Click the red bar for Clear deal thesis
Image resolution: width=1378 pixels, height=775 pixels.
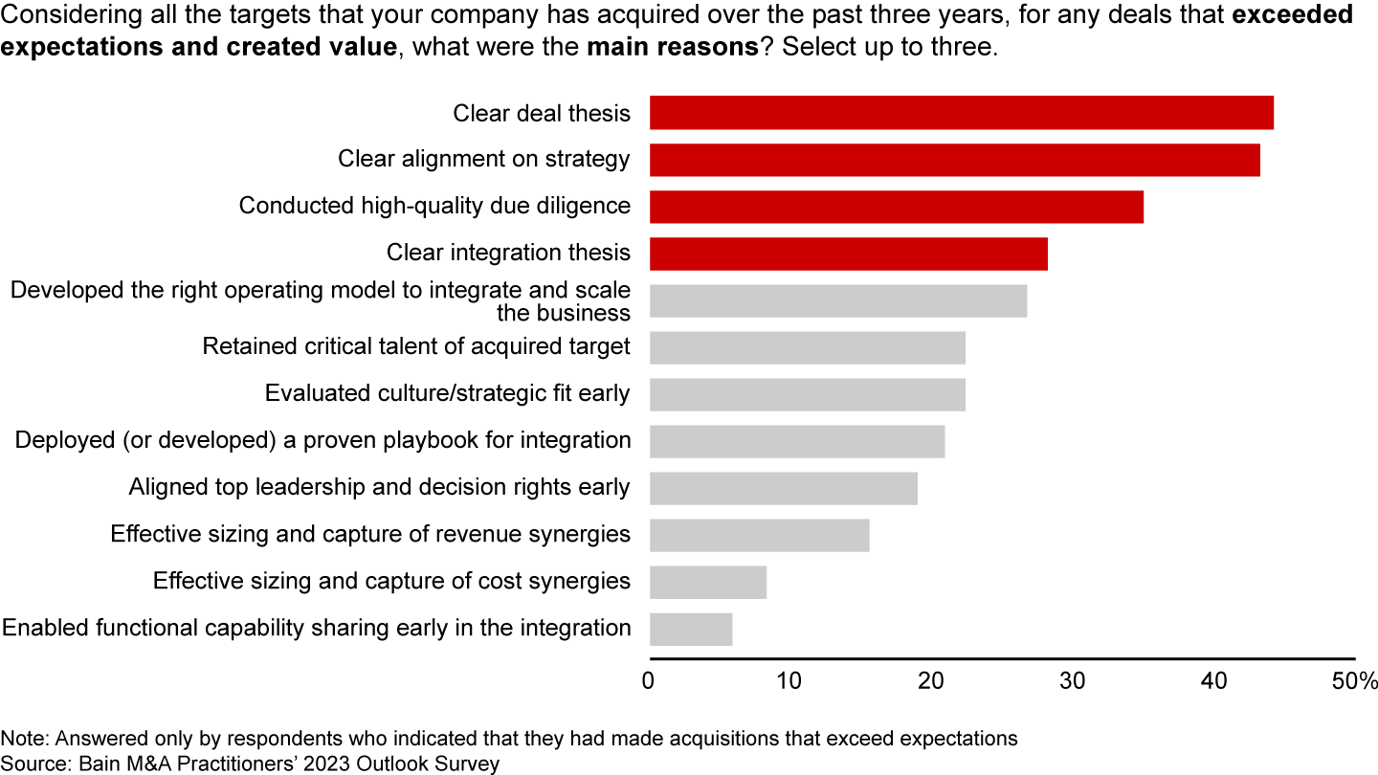961,113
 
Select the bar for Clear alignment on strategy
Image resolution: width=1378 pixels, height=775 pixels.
954,160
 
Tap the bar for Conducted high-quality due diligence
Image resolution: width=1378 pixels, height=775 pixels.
896,207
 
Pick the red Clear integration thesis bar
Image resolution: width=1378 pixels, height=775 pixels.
848,254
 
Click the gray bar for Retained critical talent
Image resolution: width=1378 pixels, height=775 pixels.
807,347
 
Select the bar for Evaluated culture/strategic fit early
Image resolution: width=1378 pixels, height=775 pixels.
807,394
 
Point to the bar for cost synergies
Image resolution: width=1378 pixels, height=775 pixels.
707,582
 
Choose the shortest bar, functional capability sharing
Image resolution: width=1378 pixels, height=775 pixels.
690,629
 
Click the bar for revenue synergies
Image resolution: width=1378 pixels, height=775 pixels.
759,535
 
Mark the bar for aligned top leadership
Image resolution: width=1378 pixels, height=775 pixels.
783,488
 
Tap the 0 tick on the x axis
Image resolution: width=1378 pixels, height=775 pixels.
650,682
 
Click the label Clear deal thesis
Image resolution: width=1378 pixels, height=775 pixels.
542,114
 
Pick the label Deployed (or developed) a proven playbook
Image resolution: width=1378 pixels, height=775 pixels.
322,441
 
